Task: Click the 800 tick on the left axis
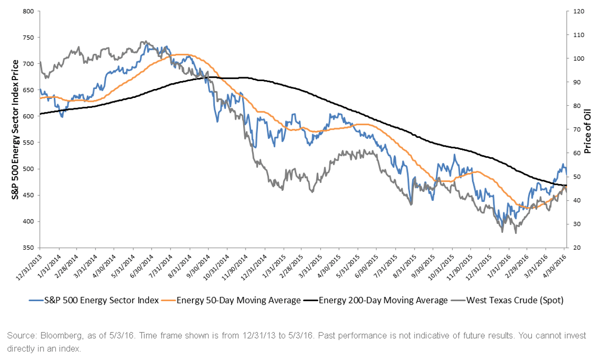pos(28,11)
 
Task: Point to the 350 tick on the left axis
pos(28,248)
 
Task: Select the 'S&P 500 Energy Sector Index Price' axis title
pos(15,130)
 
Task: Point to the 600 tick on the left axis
pos(28,116)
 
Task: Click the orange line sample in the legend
pos(168,300)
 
